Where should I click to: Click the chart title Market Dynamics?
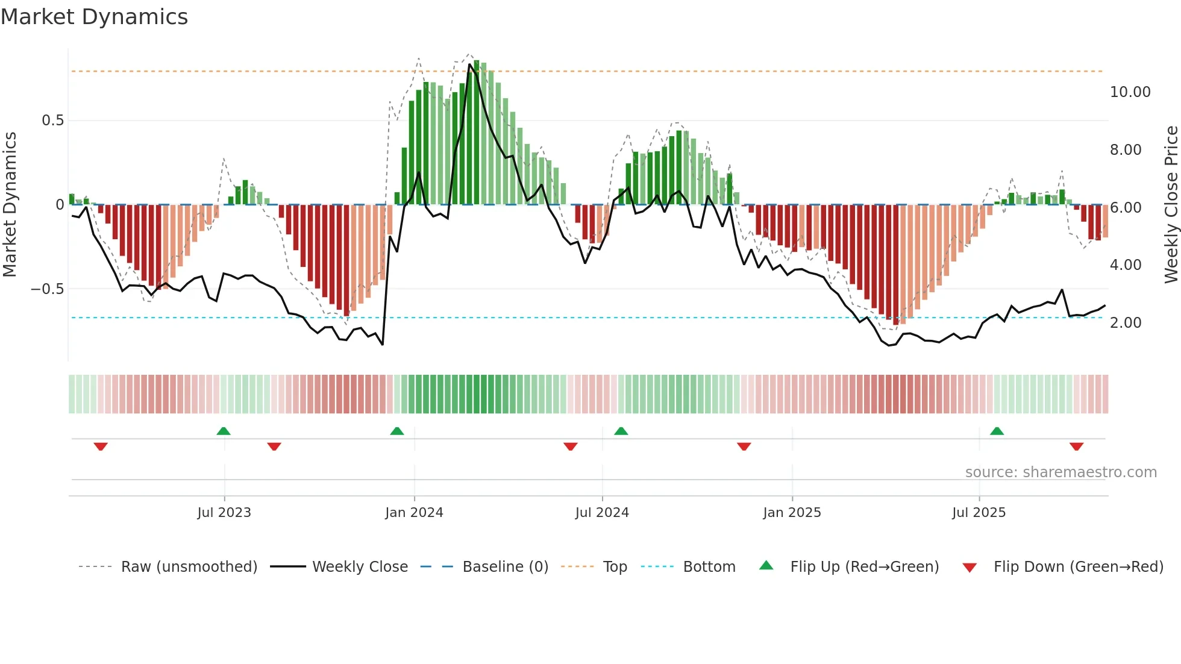[x=95, y=17]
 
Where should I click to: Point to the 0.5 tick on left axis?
[x=52, y=121]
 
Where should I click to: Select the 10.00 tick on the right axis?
[x=1130, y=92]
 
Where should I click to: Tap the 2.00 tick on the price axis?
[x=1126, y=323]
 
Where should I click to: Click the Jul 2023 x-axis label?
[x=224, y=513]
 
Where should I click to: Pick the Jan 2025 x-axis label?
[x=792, y=513]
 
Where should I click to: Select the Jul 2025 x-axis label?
[x=979, y=513]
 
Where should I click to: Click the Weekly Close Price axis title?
[x=1171, y=204]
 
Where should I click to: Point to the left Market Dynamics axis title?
[x=10, y=204]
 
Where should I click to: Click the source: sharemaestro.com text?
[x=1060, y=472]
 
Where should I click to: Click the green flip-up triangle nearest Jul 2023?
[x=224, y=431]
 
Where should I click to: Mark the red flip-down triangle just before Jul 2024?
[x=571, y=446]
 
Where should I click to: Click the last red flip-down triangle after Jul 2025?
[x=1077, y=446]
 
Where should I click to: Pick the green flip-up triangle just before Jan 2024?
[x=397, y=431]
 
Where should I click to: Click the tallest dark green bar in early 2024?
[x=477, y=133]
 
